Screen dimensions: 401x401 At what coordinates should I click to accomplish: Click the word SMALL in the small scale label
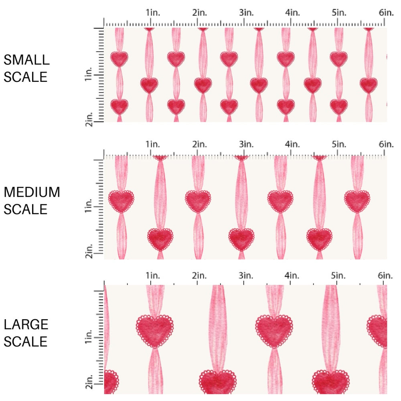pyautogui.click(x=26, y=60)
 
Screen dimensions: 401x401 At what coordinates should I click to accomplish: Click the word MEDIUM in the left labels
pyautogui.click(x=32, y=192)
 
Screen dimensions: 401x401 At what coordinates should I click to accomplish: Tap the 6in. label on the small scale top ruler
pyautogui.click(x=386, y=12)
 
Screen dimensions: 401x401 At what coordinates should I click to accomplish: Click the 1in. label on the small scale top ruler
pyautogui.click(x=152, y=12)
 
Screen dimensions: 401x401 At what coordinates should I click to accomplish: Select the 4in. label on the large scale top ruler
pyautogui.click(x=292, y=275)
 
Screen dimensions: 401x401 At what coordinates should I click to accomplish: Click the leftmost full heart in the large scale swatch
pyautogui.click(x=155, y=330)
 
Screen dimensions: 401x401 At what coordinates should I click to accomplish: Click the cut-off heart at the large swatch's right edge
pyautogui.click(x=378, y=330)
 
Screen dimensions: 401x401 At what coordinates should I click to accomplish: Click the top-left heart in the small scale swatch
pyautogui.click(x=119, y=59)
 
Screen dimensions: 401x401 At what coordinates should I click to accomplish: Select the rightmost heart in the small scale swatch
pyautogui.click(x=369, y=85)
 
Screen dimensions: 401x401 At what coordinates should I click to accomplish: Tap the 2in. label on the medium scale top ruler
pyautogui.click(x=199, y=144)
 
